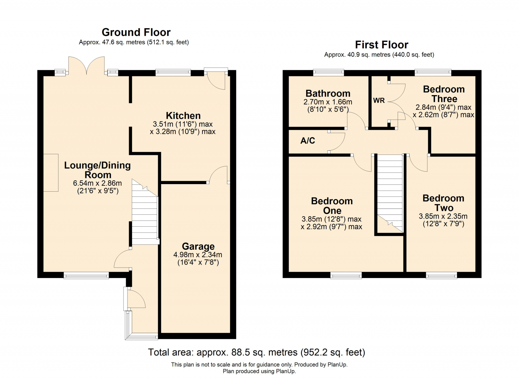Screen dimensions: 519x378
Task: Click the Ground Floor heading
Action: pos(136,32)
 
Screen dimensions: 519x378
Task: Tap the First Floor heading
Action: pos(381,45)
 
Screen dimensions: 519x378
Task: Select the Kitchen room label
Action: pos(183,116)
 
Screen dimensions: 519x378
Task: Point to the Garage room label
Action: pos(198,246)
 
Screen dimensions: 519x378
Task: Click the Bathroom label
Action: pos(328,94)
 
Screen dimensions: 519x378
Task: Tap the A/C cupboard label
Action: pos(308,141)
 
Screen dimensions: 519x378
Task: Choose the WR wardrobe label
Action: pos(379,100)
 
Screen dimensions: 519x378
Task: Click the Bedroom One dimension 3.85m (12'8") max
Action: pos(331,219)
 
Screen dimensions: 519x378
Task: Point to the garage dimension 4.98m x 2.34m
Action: pos(198,255)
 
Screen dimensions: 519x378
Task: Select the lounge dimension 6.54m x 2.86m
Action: pos(97,183)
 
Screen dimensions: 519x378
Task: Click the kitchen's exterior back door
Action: pos(216,79)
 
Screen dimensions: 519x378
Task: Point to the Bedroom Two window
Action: pos(441,275)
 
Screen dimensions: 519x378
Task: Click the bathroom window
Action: pos(329,73)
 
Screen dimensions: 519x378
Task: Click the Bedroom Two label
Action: pos(443,203)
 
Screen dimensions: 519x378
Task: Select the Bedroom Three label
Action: pos(444,94)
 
